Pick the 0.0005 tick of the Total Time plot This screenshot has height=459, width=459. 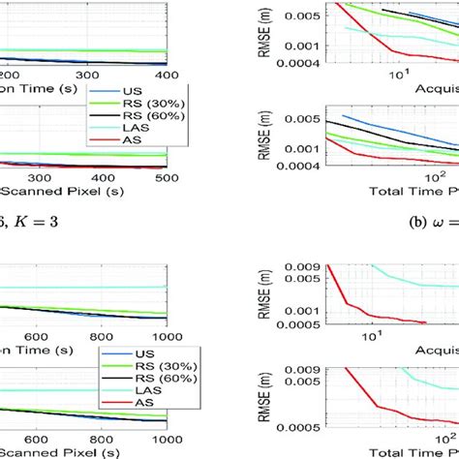pos(292,425)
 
